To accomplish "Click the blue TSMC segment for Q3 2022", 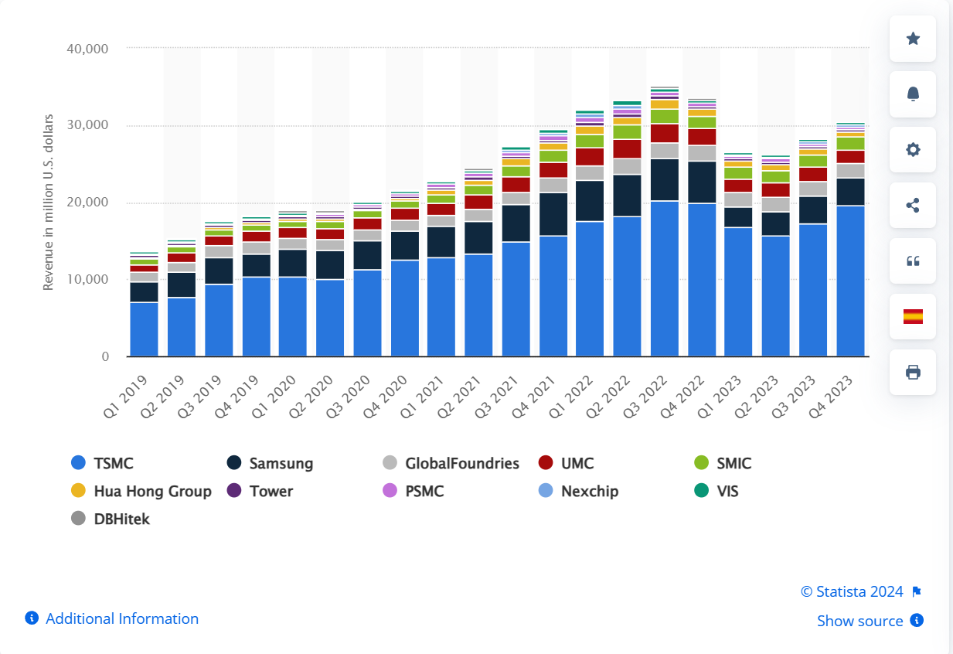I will [665, 278].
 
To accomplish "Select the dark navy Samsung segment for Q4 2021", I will [553, 214].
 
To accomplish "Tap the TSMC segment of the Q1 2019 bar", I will [144, 329].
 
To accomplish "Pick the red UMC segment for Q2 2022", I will [628, 148].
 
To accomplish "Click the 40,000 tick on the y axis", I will [87, 48].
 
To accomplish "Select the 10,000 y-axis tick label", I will [87, 279].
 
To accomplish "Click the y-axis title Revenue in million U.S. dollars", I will [48, 203].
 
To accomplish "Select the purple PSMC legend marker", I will [390, 491].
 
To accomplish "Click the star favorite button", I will [913, 39].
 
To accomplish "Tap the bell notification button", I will [913, 94].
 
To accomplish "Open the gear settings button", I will [913, 150].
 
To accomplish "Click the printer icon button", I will [913, 373].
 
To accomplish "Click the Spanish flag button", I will [913, 317].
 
